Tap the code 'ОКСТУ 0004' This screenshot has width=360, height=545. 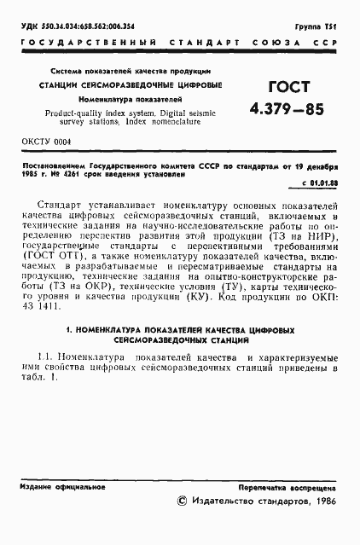(46, 141)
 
